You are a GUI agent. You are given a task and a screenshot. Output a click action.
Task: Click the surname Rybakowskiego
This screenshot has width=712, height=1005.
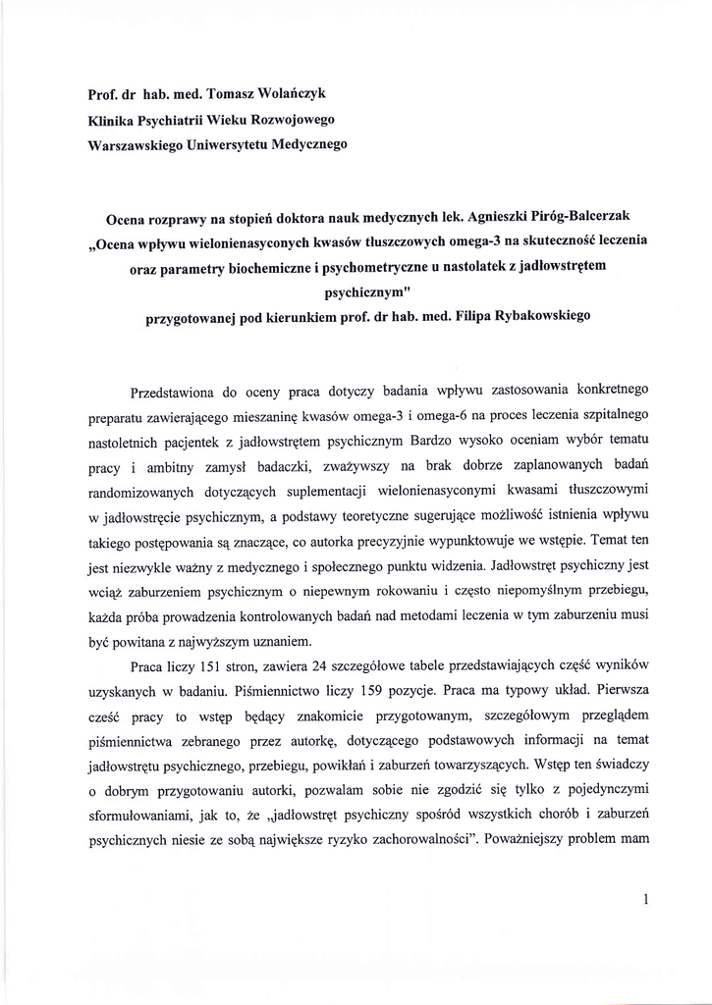pyautogui.click(x=544, y=320)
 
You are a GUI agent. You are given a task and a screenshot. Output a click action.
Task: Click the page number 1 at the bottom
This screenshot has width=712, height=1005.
pyautogui.click(x=645, y=898)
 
